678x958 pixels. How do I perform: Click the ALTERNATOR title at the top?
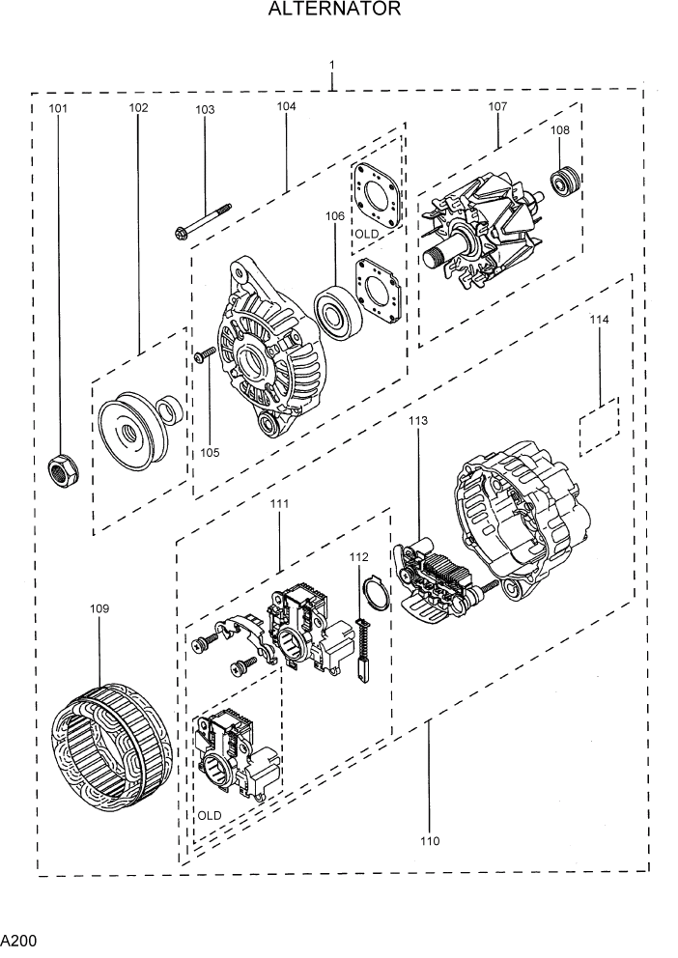(x=334, y=11)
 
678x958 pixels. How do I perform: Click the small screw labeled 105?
(x=204, y=358)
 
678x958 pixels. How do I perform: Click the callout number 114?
(x=599, y=319)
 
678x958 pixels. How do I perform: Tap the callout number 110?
(x=429, y=841)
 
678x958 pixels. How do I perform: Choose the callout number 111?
(x=279, y=504)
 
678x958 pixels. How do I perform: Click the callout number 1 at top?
(x=331, y=66)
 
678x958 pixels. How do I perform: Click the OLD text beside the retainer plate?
(x=366, y=235)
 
